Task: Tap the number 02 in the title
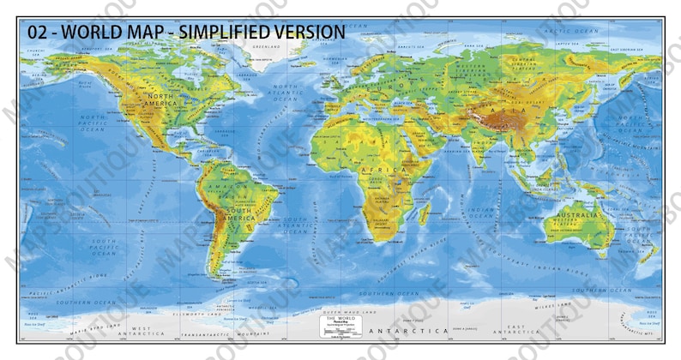(x=38, y=32)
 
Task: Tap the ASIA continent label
(x=515, y=111)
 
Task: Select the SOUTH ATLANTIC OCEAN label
(x=296, y=225)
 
